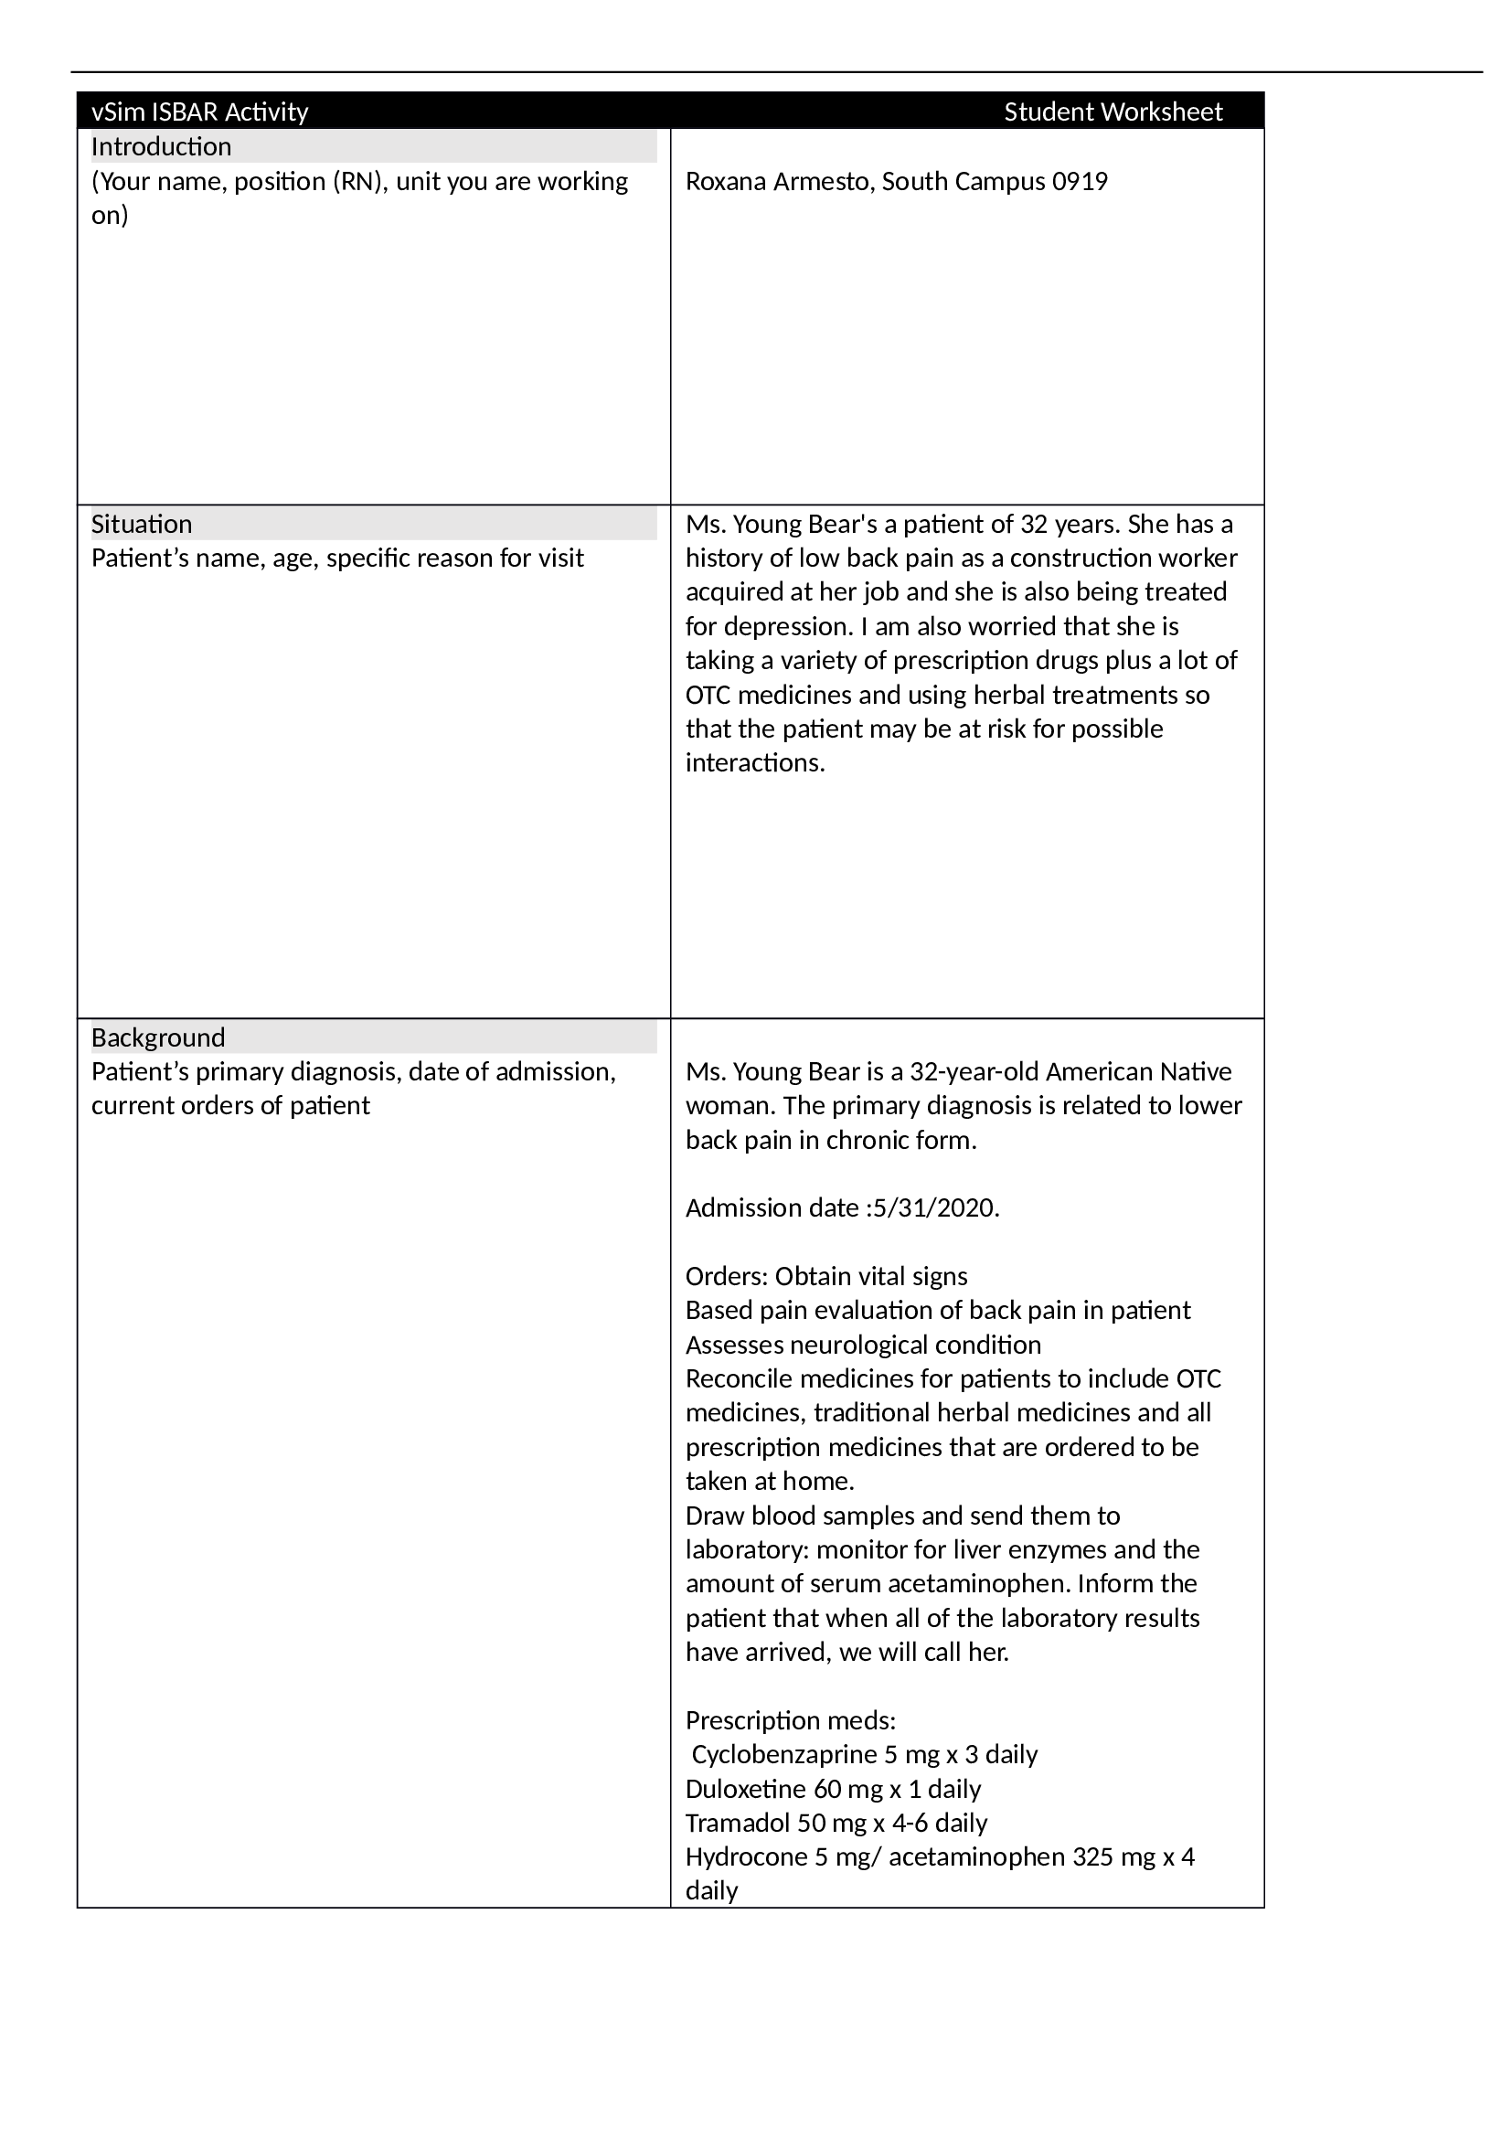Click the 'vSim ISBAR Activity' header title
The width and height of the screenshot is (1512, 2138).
tap(199, 112)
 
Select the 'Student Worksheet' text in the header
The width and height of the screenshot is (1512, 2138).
tap(1113, 112)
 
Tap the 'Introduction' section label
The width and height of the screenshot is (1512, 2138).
tap(161, 146)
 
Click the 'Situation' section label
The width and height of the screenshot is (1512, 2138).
tap(142, 524)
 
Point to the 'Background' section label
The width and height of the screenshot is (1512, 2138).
tap(158, 1037)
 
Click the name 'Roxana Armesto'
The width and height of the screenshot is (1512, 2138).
tap(778, 181)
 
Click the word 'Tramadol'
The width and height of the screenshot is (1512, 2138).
tap(738, 1823)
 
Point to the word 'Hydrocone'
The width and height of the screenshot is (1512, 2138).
tap(746, 1856)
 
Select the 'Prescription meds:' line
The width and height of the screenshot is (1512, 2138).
tap(791, 1720)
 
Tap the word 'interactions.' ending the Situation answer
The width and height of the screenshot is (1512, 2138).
tap(755, 762)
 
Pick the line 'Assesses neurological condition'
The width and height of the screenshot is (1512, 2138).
tap(863, 1345)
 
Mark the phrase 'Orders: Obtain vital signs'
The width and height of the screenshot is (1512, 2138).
tap(825, 1276)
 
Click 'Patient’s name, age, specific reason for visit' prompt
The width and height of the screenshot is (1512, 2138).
tap(337, 558)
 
